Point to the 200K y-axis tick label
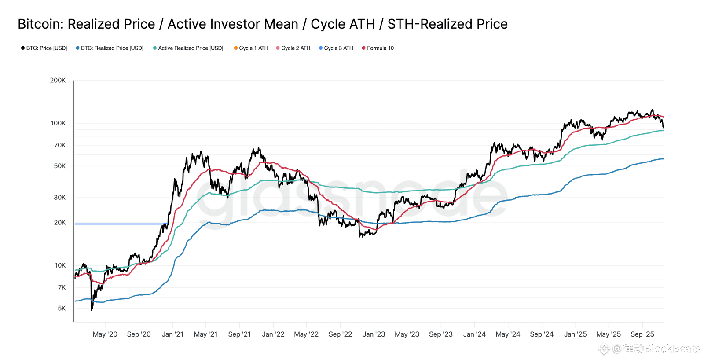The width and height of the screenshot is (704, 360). tap(58, 80)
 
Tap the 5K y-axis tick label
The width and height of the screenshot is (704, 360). tap(62, 309)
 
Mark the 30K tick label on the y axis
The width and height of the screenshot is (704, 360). tap(59, 198)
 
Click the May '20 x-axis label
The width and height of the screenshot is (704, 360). tap(105, 334)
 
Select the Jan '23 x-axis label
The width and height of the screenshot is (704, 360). tap(374, 334)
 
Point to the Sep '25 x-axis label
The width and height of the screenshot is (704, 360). tap(642, 334)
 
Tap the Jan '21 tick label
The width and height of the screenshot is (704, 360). tap(172, 334)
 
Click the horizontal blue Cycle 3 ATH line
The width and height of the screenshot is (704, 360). tap(119, 224)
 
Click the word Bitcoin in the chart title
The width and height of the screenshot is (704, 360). tap(40, 24)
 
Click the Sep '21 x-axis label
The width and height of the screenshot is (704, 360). tap(239, 334)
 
